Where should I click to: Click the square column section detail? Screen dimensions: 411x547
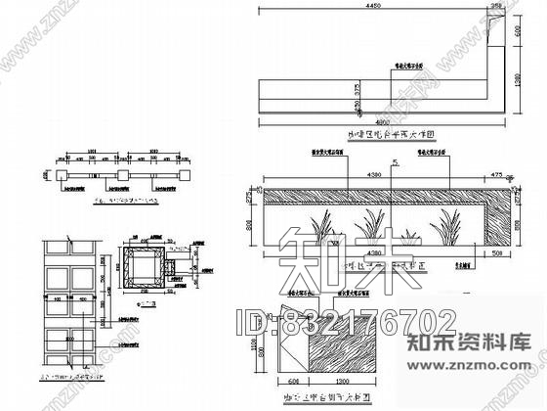(x=147, y=269)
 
